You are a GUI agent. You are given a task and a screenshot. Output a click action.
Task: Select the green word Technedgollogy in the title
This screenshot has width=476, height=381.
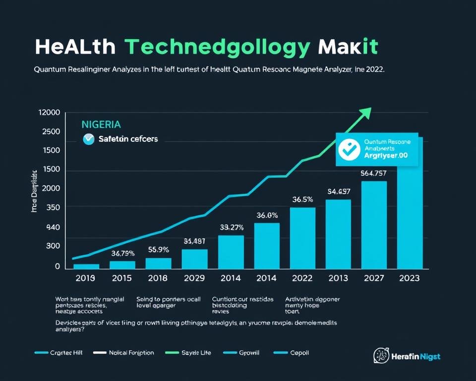pos(218,48)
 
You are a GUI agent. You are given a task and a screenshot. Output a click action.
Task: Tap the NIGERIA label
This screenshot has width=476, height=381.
pos(101,124)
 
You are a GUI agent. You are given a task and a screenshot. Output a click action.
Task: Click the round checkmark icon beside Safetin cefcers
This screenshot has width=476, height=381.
pos(89,139)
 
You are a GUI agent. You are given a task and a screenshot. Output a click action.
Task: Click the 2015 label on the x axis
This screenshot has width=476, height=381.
pos(122,278)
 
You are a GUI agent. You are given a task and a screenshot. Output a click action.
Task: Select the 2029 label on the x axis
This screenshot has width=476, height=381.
pos(194,278)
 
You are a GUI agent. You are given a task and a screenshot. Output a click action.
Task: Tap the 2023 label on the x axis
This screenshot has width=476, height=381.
pos(409,278)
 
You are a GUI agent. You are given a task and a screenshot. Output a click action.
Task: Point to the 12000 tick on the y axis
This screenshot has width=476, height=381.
pos(49,113)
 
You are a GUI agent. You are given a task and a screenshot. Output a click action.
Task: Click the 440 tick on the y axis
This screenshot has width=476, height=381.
pos(53,227)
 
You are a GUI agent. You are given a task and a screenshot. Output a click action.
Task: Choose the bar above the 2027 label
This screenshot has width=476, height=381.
pos(374,225)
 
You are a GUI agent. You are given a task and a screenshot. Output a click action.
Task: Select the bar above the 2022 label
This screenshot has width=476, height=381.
pos(302,238)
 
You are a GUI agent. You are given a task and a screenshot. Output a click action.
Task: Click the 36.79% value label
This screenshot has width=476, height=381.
pos(123,254)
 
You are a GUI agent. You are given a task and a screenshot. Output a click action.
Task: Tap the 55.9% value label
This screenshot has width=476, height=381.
pos(159,250)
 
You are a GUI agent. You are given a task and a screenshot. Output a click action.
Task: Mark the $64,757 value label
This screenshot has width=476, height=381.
pos(373,173)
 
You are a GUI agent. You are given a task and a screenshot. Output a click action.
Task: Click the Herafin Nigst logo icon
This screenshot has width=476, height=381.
pos(380,356)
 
